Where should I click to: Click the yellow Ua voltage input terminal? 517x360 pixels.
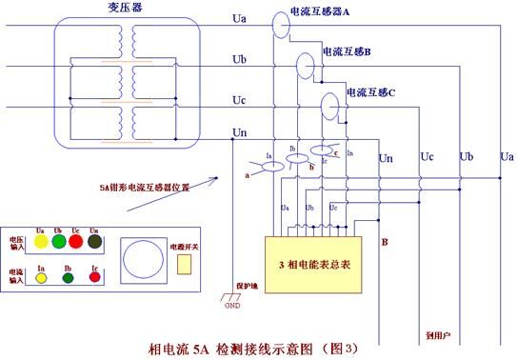click(40, 242)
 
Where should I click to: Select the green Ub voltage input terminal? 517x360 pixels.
click(58, 242)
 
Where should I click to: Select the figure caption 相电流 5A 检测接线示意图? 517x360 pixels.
click(253, 349)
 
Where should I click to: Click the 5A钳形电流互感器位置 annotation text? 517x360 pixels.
click(145, 187)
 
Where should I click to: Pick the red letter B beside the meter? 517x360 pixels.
click(384, 241)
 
